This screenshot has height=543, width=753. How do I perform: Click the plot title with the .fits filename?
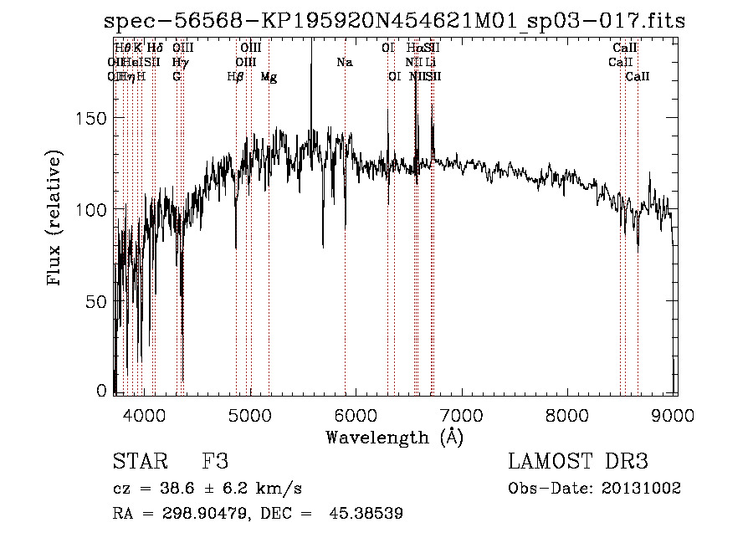click(x=394, y=22)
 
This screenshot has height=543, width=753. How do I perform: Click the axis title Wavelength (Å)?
click(x=394, y=436)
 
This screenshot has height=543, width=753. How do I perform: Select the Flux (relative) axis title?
click(x=56, y=219)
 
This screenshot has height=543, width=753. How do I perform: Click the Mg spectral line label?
click(x=269, y=77)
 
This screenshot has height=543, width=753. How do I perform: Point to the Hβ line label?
click(x=236, y=77)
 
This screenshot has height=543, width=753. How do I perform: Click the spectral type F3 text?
click(x=215, y=462)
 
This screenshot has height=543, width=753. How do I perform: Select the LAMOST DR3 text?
click(x=578, y=462)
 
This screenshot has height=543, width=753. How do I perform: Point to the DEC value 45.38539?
click(x=372, y=513)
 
